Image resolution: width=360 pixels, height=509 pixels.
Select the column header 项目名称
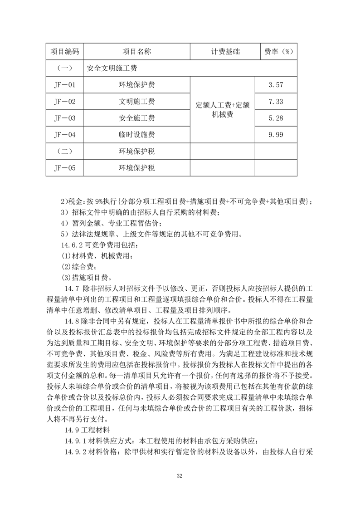(137, 52)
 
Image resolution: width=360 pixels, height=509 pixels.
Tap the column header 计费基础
(222, 52)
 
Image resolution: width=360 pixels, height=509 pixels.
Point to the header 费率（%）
(276, 52)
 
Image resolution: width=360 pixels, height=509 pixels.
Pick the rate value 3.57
(276, 85)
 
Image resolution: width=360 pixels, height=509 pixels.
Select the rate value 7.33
(276, 101)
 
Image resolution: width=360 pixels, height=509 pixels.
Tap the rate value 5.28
(276, 118)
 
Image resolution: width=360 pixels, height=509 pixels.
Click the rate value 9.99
(276, 134)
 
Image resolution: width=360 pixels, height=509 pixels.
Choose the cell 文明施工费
(137, 101)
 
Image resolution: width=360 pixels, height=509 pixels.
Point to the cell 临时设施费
(137, 134)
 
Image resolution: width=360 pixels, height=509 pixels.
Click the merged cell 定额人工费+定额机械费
(222, 110)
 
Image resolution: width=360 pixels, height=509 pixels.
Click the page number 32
(180, 476)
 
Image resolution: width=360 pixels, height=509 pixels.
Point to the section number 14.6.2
(75, 245)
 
